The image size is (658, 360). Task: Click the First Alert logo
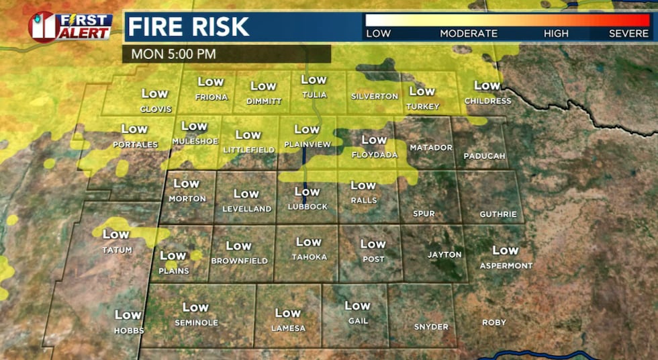70,27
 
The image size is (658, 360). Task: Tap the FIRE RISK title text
189,27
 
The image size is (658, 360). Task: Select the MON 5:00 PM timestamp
173,54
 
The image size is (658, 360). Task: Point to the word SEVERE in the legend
628,34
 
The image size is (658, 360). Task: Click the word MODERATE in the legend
469,34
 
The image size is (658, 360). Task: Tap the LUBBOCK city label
307,206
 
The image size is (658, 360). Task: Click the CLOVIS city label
156,109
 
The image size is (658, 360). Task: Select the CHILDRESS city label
487,101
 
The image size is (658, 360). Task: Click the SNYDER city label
431,327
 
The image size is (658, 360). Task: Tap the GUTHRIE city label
498,214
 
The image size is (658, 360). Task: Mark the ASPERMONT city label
506,266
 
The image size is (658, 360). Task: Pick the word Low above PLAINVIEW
307,129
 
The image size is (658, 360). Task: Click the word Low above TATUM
115,234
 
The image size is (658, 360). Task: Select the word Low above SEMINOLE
195,307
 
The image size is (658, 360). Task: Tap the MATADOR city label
431,147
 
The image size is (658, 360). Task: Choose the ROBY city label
494,322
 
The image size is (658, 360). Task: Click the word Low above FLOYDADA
374,140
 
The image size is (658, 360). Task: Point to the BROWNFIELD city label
239,261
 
